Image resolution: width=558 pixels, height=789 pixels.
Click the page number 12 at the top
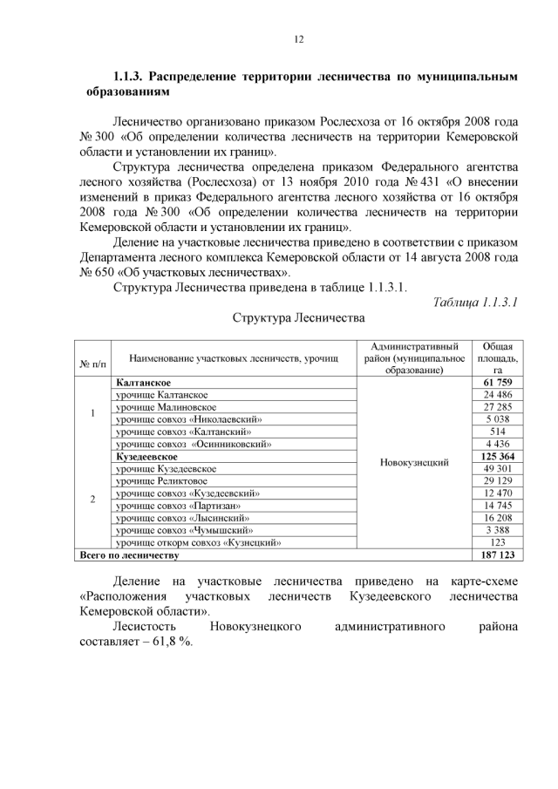coord(297,39)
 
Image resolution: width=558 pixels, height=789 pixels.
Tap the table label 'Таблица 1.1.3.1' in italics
coord(476,302)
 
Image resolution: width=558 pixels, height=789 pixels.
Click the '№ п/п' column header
coord(92,358)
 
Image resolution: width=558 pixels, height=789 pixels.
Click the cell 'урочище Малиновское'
coord(166,407)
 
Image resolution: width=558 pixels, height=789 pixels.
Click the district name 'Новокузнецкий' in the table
coord(414,462)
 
